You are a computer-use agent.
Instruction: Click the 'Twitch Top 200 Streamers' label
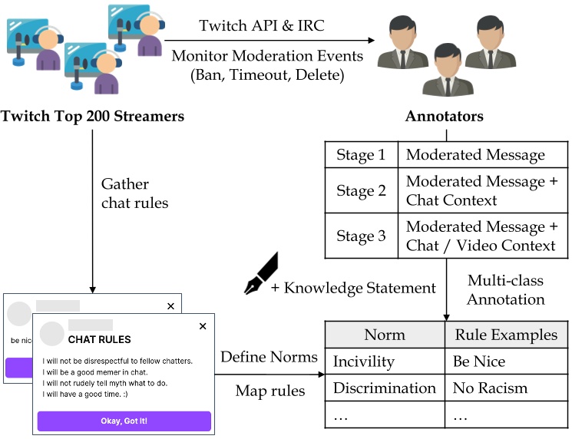(92, 117)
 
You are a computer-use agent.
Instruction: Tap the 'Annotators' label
(444, 117)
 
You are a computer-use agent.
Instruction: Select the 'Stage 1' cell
(361, 155)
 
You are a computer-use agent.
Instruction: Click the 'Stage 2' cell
(361, 191)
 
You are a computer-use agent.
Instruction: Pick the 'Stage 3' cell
(361, 236)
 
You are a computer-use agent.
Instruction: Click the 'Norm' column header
(384, 335)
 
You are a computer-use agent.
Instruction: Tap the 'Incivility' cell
(363, 361)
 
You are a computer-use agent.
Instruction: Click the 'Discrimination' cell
(384, 388)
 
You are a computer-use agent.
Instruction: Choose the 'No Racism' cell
(490, 388)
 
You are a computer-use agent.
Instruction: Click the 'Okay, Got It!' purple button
(124, 421)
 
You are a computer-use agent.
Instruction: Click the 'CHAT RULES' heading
(100, 339)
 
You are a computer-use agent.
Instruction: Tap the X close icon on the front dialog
(203, 326)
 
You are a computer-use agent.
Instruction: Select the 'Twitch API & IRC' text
(262, 25)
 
